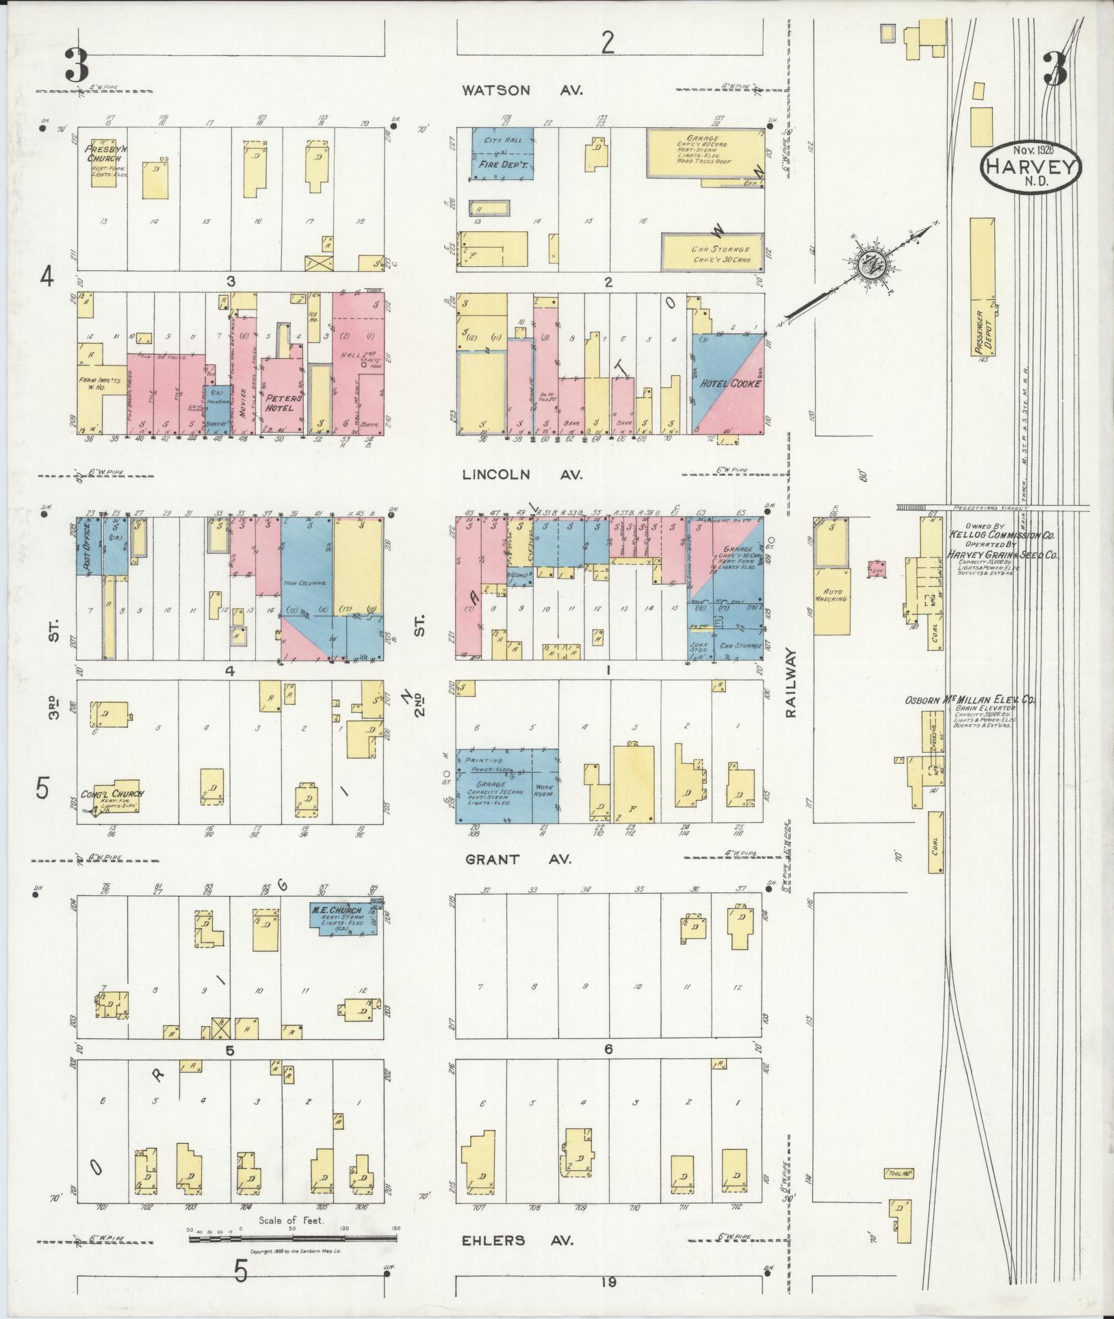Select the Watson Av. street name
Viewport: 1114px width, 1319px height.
[522, 90]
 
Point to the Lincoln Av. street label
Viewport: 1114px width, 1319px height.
[522, 474]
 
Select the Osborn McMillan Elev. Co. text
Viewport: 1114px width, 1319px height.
[970, 700]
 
